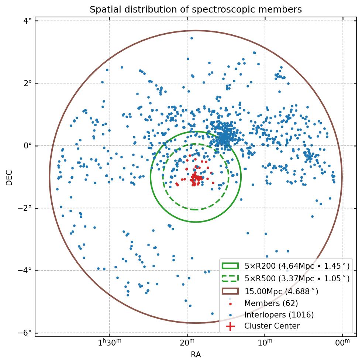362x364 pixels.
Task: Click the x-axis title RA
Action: (196, 355)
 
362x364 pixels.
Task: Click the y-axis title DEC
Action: (9, 178)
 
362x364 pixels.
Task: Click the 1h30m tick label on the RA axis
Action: (110, 343)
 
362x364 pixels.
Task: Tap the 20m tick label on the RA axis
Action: (187, 343)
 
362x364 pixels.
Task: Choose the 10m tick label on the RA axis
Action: (265, 343)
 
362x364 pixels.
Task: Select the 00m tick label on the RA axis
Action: (342, 343)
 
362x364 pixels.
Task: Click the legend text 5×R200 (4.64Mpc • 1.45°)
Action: (297, 266)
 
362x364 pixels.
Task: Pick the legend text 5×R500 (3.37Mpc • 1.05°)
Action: (297, 279)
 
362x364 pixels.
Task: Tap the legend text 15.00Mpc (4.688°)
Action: (281, 292)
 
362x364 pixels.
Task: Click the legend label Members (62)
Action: (271, 303)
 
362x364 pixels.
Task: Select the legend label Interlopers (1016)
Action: (279, 315)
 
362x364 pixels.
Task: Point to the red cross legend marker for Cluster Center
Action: (230, 326)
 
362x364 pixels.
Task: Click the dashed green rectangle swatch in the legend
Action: (230, 278)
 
